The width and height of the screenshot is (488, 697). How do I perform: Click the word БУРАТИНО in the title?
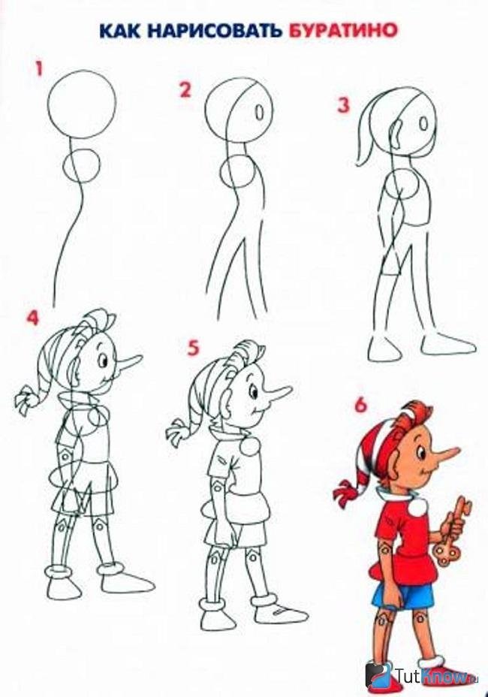[x=342, y=31]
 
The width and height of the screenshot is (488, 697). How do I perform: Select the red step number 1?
[x=39, y=70]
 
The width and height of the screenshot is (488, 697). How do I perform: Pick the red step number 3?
[x=344, y=106]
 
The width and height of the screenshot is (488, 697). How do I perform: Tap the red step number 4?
[x=32, y=318]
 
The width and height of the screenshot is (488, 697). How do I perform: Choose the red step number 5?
[x=192, y=348]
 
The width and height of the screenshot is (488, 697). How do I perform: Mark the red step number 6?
[x=360, y=405]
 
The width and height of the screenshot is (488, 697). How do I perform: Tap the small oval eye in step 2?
[x=260, y=110]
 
